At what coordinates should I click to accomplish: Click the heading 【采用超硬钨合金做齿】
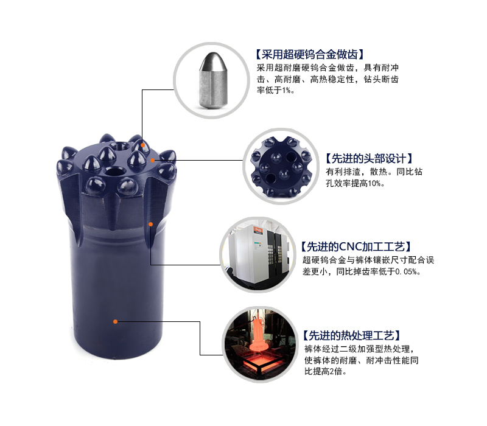coord(312,54)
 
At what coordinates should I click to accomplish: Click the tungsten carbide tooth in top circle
coord(210,79)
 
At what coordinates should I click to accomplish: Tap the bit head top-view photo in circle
coord(281,164)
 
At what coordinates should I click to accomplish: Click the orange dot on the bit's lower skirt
coord(116,321)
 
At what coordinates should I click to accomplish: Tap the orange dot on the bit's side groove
coord(150,224)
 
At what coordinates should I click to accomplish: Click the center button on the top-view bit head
coord(281,163)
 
